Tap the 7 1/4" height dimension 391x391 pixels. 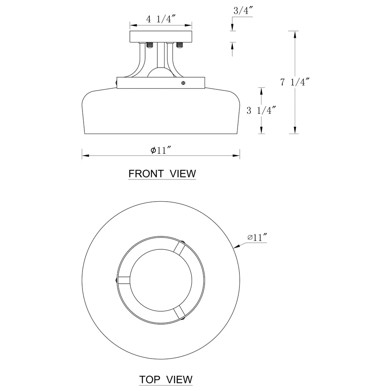pyautogui.click(x=294, y=82)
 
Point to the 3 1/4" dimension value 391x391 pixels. pyautogui.click(x=261, y=111)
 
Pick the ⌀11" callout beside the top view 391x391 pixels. pyautogui.click(x=257, y=238)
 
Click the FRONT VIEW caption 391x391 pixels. pyautogui.click(x=162, y=174)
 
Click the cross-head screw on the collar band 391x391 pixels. pyautogui.click(x=184, y=82)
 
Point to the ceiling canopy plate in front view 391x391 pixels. pyautogui.click(x=160, y=37)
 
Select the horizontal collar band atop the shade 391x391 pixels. pyautogui.click(x=161, y=83)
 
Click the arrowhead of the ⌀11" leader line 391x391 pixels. pyautogui.click(x=236, y=247)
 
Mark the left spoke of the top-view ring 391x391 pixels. pyautogui.click(x=124, y=280)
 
